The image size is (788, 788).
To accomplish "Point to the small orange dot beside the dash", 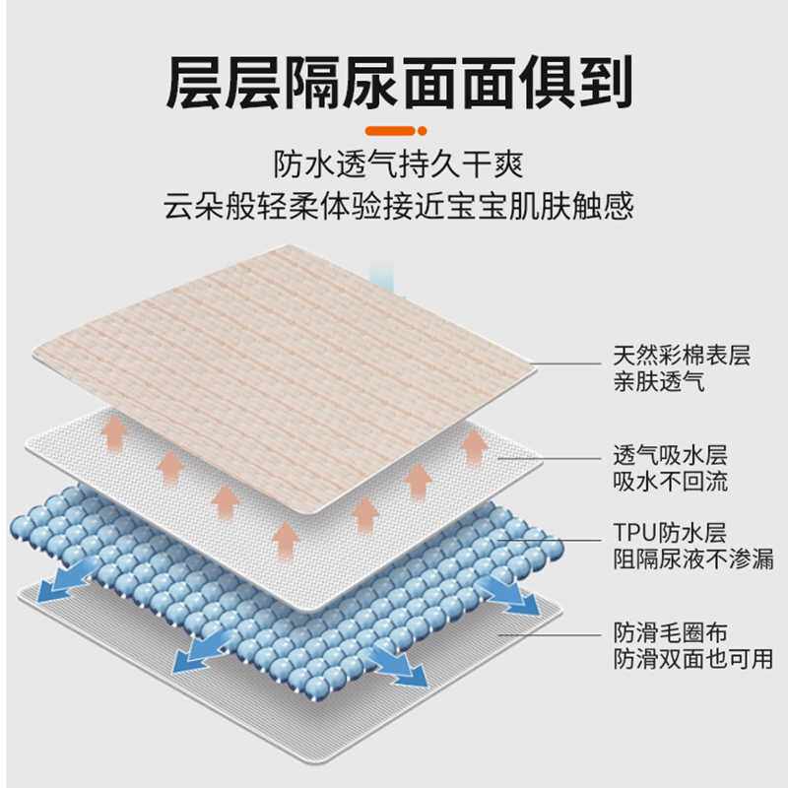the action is (422, 130).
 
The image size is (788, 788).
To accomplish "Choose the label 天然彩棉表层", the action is (681, 356).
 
